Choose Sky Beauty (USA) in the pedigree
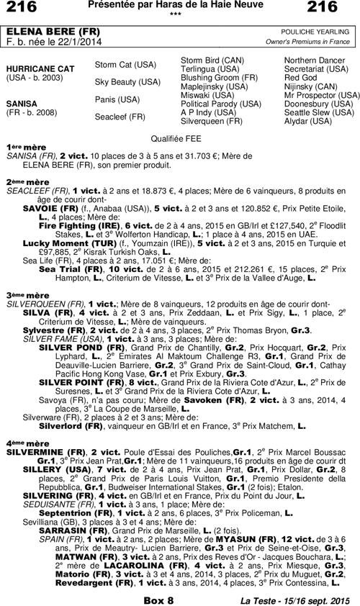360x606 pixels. coord(127,82)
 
